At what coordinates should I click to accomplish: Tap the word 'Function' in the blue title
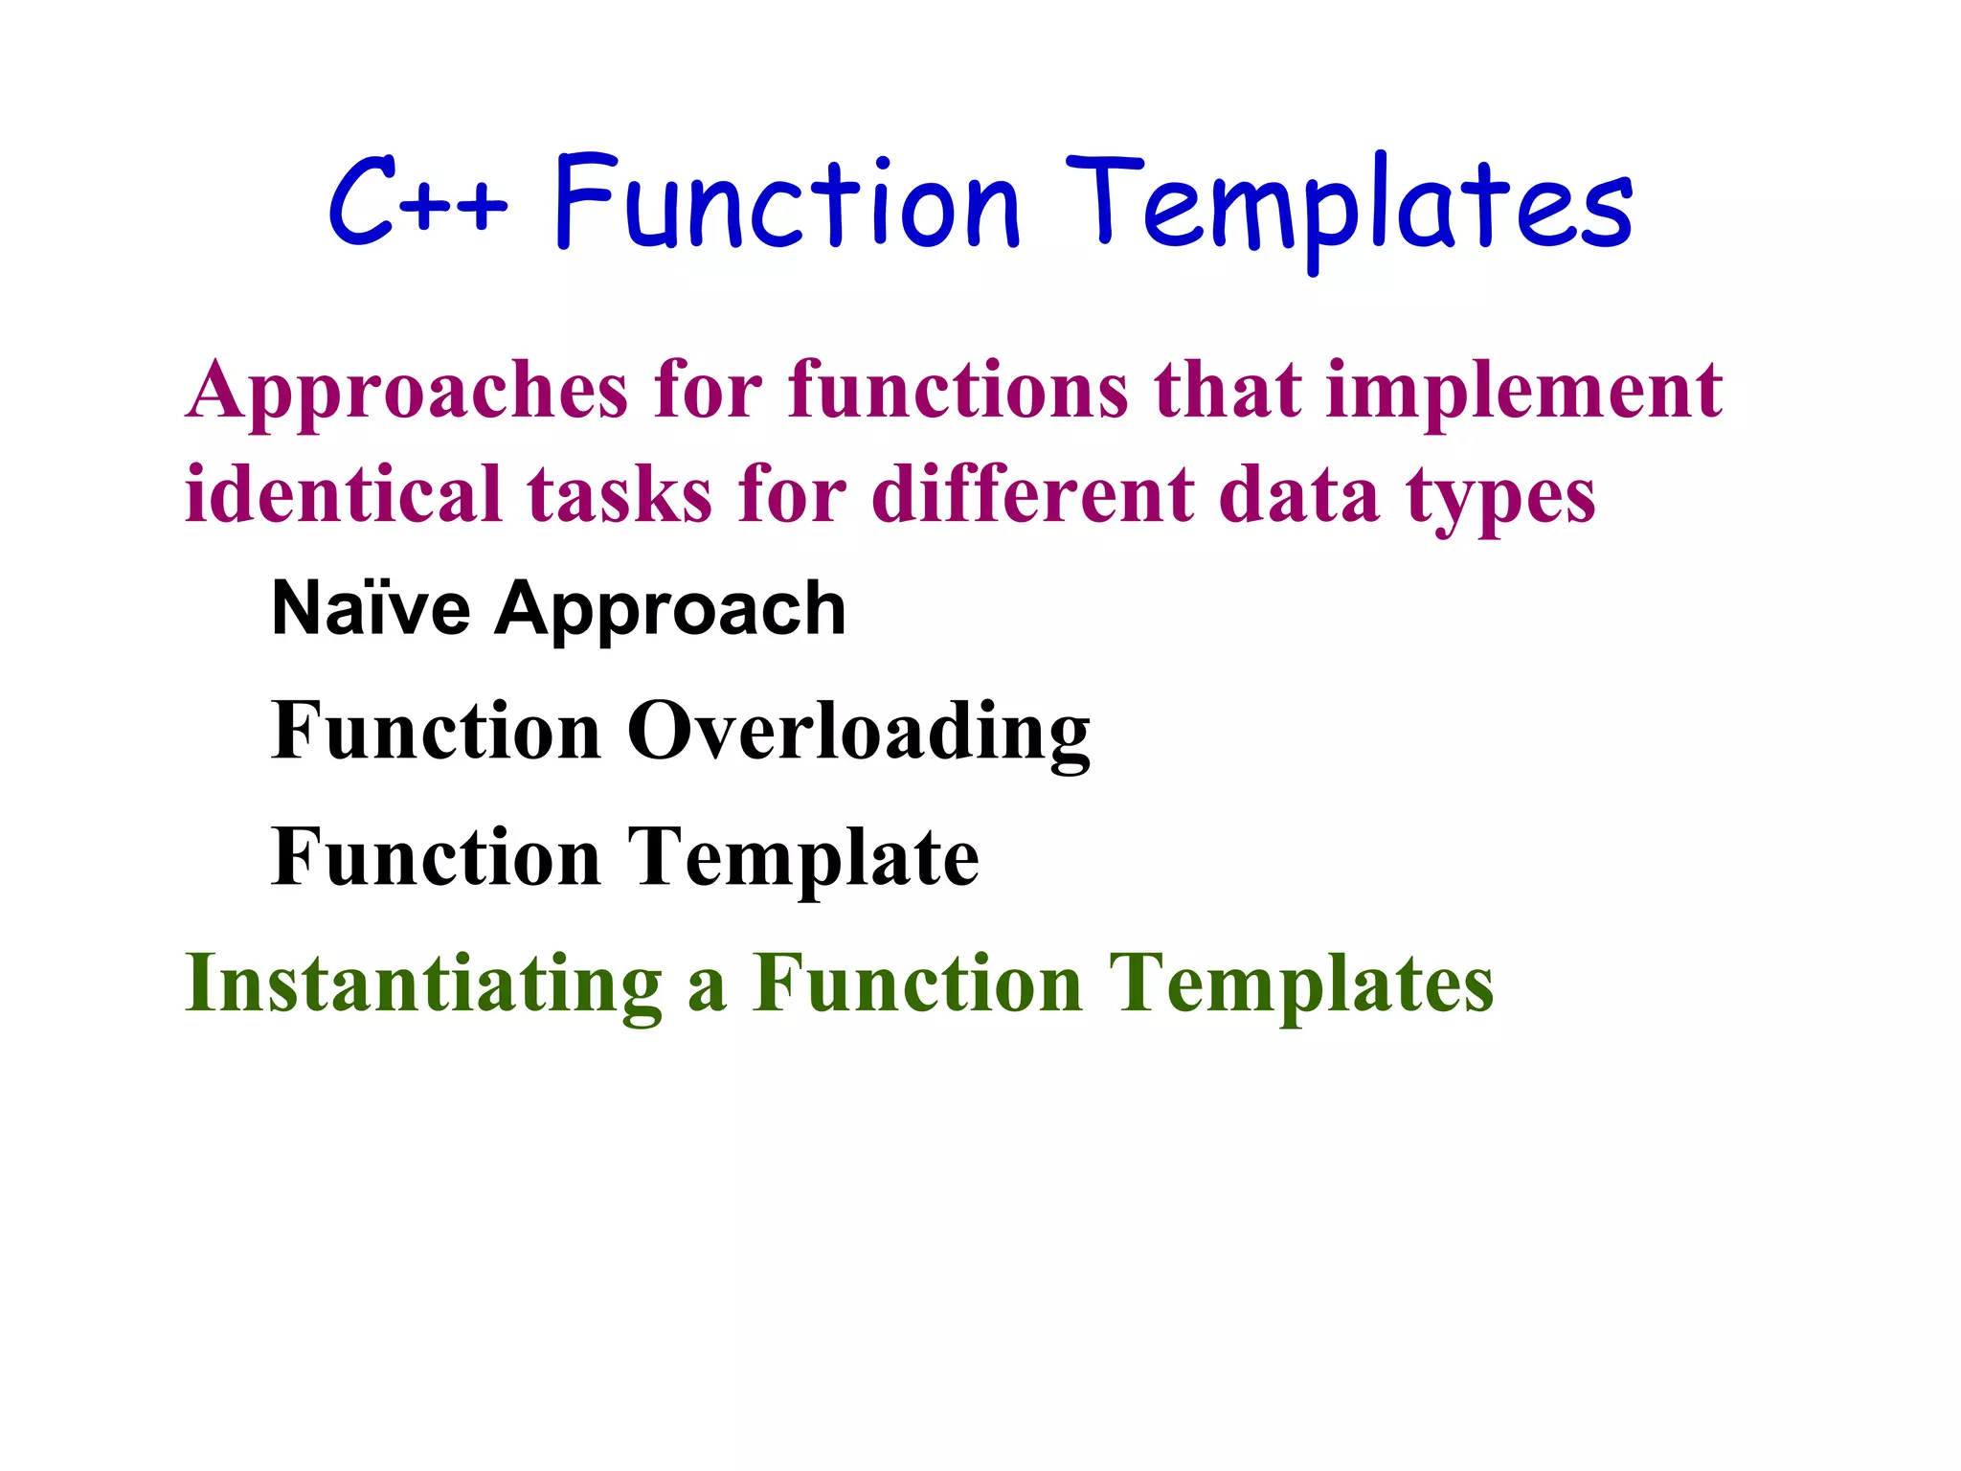pyautogui.click(x=787, y=204)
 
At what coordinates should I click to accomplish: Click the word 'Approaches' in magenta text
pyautogui.click(x=407, y=393)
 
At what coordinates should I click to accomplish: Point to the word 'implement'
pyautogui.click(x=1524, y=393)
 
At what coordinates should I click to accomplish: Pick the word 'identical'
pyautogui.click(x=344, y=496)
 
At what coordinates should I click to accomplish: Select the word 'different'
pyautogui.click(x=1033, y=496)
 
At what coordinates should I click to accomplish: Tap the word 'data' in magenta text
pyautogui.click(x=1297, y=496)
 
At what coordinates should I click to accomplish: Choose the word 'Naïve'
pyautogui.click(x=372, y=609)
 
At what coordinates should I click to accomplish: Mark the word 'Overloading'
pyautogui.click(x=859, y=734)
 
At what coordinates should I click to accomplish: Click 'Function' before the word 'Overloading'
pyautogui.click(x=436, y=732)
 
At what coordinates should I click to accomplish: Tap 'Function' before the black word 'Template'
pyautogui.click(x=436, y=858)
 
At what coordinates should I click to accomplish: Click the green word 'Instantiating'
pyautogui.click(x=423, y=984)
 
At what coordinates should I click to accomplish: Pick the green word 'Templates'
pyautogui.click(x=1301, y=986)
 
